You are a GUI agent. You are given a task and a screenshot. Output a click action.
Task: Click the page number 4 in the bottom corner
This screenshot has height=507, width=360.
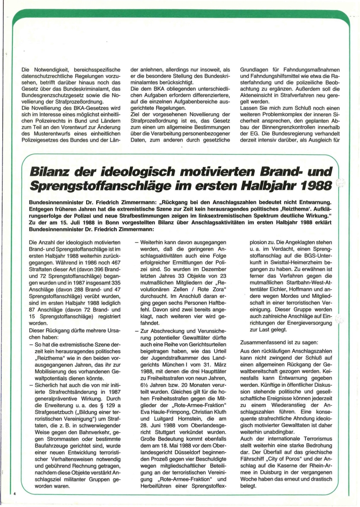coord(15,494)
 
